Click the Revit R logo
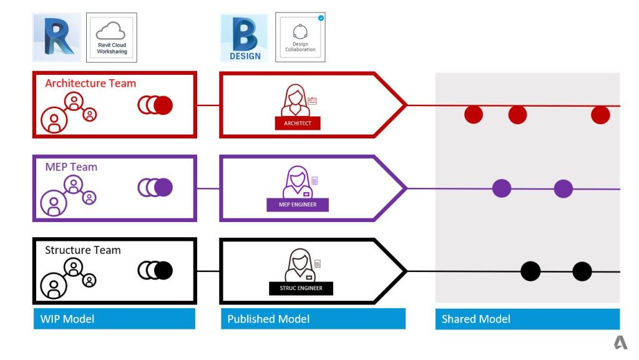tap(57, 37)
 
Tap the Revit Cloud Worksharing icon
tap(111, 37)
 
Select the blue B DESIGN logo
tap(245, 37)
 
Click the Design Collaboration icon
tap(300, 37)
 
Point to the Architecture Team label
tap(90, 83)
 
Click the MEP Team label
tap(71, 167)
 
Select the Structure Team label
tap(83, 250)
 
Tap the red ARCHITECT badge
tap(298, 123)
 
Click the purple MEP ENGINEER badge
tap(298, 205)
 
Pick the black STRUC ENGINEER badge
tap(301, 288)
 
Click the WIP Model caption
tap(67, 319)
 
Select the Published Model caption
tap(268, 319)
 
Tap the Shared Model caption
tap(476, 319)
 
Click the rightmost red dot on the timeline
tap(600, 115)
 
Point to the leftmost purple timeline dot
tap(502, 188)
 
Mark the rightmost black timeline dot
tap(582, 271)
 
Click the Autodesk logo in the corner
tap(620, 343)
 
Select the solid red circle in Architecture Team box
tap(163, 105)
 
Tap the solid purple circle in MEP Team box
tap(163, 187)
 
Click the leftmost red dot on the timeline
tap(474, 115)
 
